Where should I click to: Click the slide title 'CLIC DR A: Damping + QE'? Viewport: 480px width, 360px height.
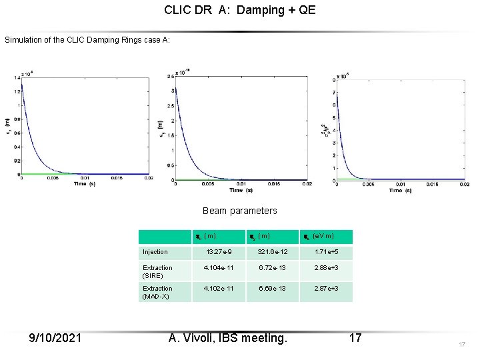pos(239,11)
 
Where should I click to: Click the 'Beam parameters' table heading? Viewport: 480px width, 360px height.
pos(239,211)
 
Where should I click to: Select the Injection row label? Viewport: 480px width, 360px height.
pos(155,252)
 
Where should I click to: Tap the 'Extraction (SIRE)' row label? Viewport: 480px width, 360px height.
pos(157,271)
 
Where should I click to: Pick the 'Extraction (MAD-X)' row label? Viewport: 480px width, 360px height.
pos(157,292)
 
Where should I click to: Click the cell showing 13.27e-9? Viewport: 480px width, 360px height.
pos(219,252)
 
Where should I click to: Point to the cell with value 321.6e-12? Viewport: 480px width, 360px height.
pos(272,252)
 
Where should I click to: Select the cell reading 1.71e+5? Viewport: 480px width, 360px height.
pos(325,252)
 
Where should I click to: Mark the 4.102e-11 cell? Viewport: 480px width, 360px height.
pos(219,289)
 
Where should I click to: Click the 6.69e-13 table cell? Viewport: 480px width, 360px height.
pos(272,289)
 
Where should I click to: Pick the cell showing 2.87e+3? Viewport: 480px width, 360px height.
pos(325,289)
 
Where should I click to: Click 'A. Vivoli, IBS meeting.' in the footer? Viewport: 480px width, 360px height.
pos(228,338)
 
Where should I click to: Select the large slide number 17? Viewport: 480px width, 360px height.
pos(355,338)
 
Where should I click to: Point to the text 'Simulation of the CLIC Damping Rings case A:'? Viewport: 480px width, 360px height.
pos(87,40)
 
